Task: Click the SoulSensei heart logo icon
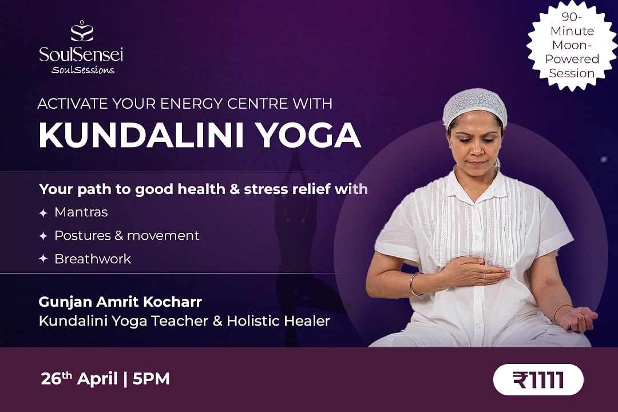[x=82, y=31]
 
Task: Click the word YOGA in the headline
[x=310, y=135]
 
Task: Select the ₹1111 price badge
[x=538, y=379]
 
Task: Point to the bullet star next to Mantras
[x=43, y=213]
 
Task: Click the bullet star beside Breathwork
[x=43, y=259]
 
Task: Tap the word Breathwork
[x=93, y=259]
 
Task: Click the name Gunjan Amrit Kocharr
[x=120, y=302]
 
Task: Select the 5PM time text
[x=151, y=378]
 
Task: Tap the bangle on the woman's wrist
[x=414, y=284]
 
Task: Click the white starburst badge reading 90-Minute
[x=572, y=45]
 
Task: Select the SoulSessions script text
[x=83, y=70]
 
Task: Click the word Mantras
[x=81, y=212]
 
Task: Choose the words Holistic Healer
[x=278, y=320]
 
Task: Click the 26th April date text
[x=80, y=378]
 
